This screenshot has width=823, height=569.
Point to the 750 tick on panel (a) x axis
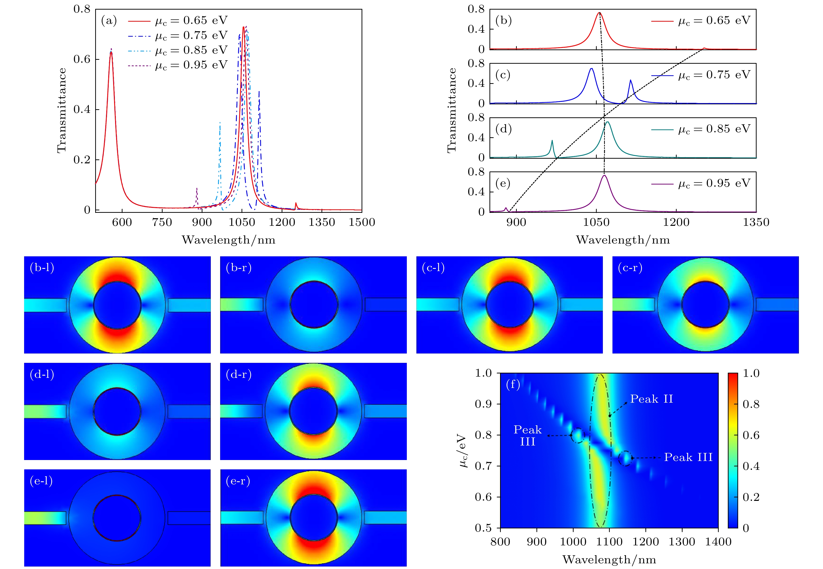click(162, 222)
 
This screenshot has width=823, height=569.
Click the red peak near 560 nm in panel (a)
click(111, 52)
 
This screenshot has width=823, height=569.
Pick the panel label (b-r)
click(238, 268)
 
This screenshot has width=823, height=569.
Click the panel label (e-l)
click(41, 481)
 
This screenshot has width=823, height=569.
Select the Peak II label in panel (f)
click(652, 399)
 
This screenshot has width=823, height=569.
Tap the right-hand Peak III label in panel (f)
click(688, 457)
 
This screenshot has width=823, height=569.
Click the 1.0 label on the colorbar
click(751, 373)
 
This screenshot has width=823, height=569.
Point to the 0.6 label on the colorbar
click(751, 435)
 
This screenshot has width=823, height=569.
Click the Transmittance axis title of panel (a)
click(62, 110)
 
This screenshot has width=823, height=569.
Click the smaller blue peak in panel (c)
click(630, 81)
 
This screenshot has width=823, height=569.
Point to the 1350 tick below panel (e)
click(756, 222)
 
